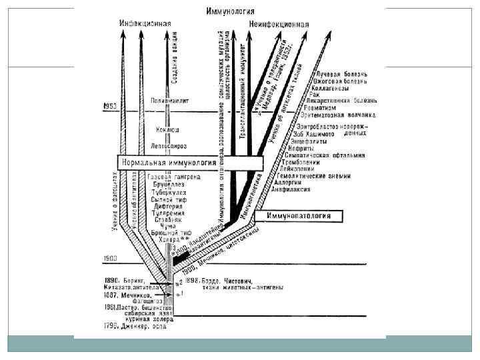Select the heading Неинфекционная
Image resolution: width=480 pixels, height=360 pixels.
[x=279, y=24]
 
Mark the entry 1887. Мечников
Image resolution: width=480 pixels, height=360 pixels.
[x=129, y=294]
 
